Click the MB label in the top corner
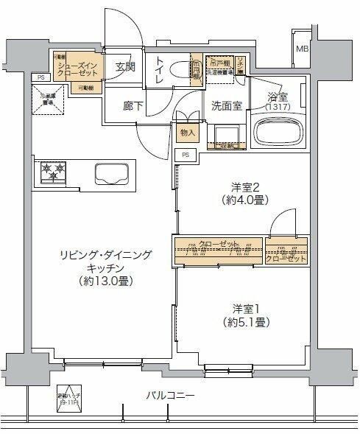coord(303,49)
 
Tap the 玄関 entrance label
coord(124,67)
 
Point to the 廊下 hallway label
coord(133,105)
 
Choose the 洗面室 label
coord(226,105)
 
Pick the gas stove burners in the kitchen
coord(54,174)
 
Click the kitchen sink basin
coord(112,175)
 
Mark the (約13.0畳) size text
coord(107,281)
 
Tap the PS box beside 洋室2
coord(186,155)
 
